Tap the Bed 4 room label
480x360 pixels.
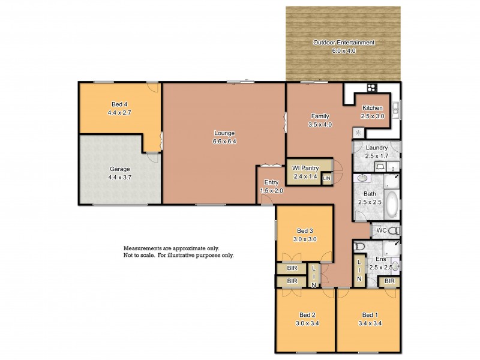tap(118, 104)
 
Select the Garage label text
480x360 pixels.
tap(118, 169)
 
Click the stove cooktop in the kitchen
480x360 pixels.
tap(371, 88)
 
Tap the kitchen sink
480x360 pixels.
tap(396, 109)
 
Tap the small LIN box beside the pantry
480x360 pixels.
tap(326, 179)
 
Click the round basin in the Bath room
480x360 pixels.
tap(364, 179)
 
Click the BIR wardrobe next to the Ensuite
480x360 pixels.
tap(389, 281)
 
